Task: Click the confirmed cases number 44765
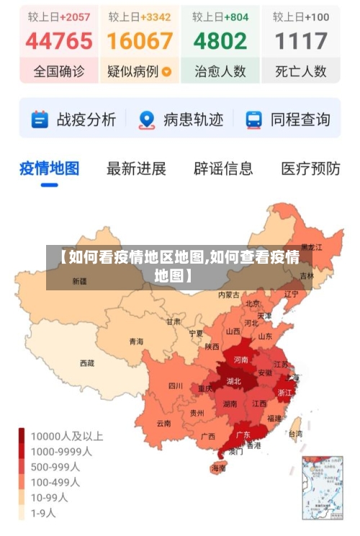click(59, 41)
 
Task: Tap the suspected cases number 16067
click(140, 41)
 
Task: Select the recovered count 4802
click(220, 41)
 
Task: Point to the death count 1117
click(302, 41)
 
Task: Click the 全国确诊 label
click(59, 71)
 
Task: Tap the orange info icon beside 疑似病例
click(167, 71)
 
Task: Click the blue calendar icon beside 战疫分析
click(40, 120)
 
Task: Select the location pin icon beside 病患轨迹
click(147, 120)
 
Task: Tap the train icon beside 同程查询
click(254, 120)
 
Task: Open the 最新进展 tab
click(136, 169)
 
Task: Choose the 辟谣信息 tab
click(223, 169)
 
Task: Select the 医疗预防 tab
click(310, 169)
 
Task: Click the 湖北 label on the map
click(234, 380)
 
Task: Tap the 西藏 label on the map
click(87, 363)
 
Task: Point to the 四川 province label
click(176, 385)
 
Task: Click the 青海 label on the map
click(136, 341)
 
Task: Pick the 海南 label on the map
click(218, 468)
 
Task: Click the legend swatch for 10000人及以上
click(22, 436)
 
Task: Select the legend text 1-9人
click(42, 514)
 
